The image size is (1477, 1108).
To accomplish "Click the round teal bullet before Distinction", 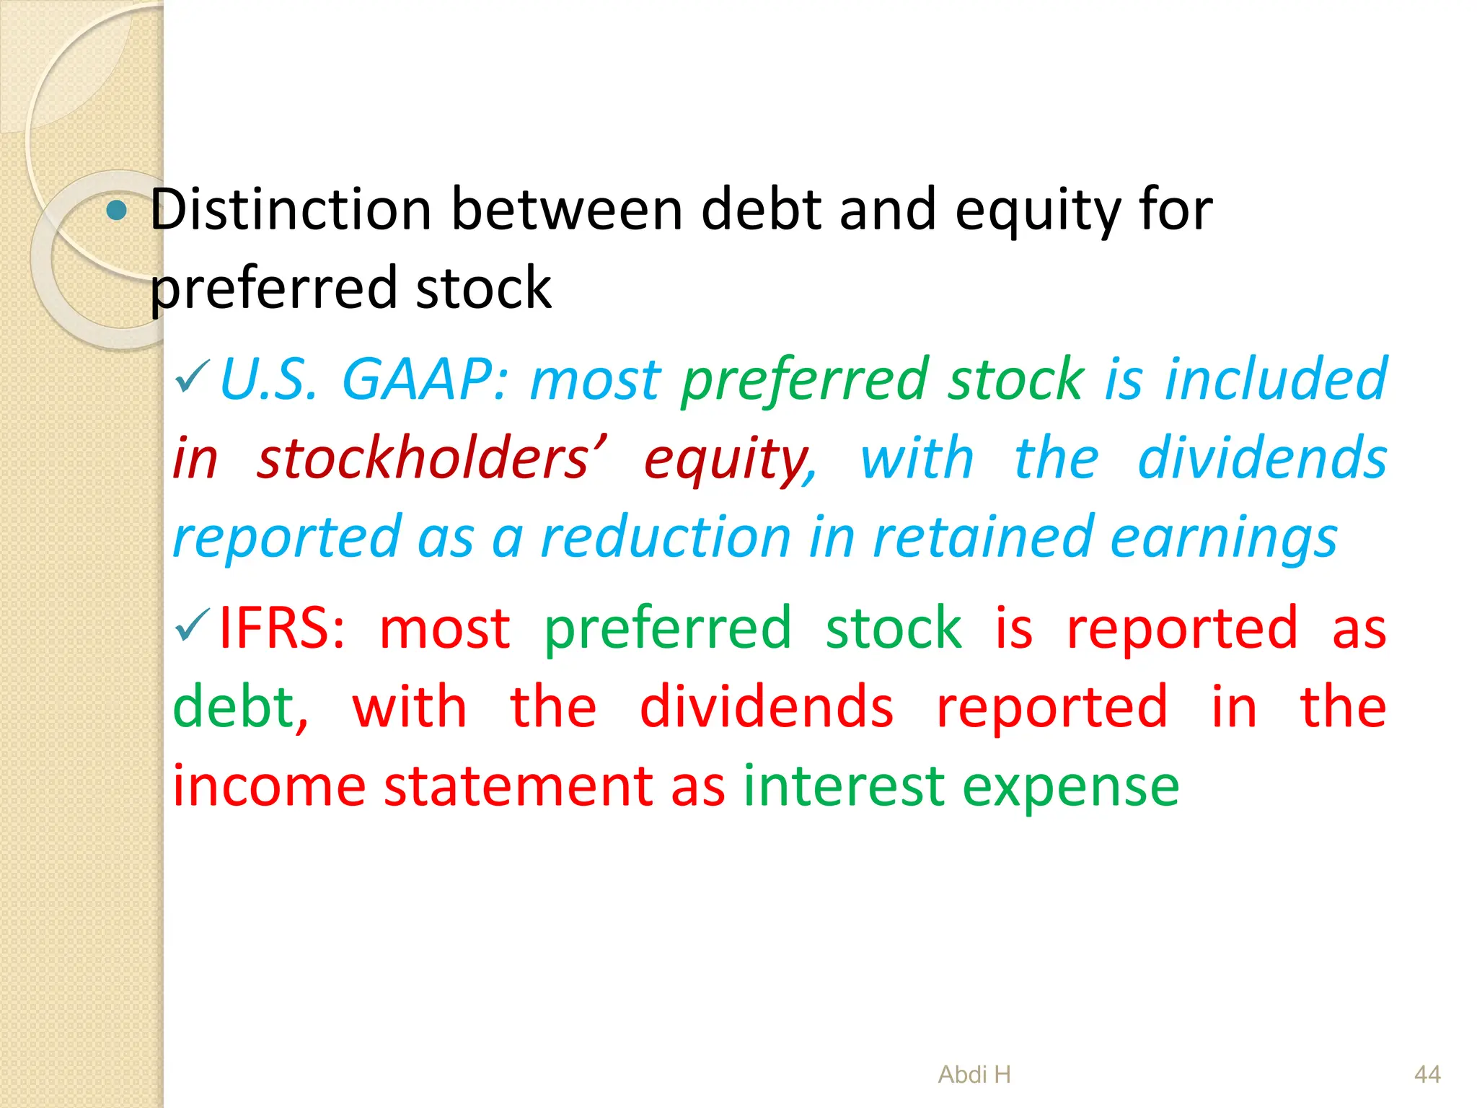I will (116, 211).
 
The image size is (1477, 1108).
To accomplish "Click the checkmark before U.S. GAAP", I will (192, 377).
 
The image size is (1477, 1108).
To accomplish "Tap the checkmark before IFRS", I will (192, 625).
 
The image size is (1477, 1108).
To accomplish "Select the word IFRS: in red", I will (282, 628).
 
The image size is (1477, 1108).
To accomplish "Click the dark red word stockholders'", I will (432, 459).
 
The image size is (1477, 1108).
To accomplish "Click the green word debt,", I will (240, 707).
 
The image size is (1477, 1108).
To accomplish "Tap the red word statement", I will (517, 786).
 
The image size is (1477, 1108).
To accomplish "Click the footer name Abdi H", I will (974, 1075).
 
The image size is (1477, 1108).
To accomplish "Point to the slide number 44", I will (1427, 1075).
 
